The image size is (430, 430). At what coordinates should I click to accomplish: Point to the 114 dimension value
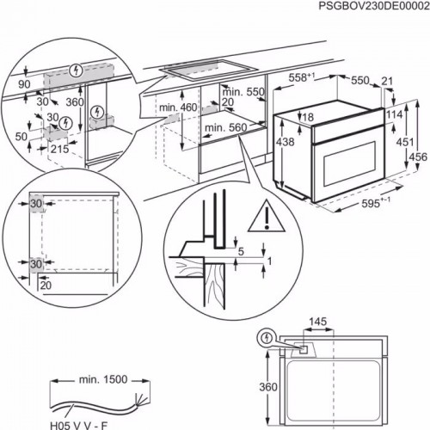396,114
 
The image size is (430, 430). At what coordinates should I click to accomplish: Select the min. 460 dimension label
177,107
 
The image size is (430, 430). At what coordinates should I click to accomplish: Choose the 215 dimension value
59,149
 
